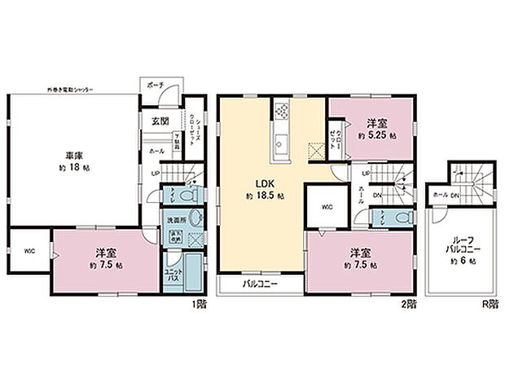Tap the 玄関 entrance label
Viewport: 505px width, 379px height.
point(160,121)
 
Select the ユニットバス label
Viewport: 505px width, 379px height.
point(173,275)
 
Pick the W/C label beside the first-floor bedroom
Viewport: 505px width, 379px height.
point(29,251)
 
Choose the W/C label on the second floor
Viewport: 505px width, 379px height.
point(325,205)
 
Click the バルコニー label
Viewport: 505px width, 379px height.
point(260,284)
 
